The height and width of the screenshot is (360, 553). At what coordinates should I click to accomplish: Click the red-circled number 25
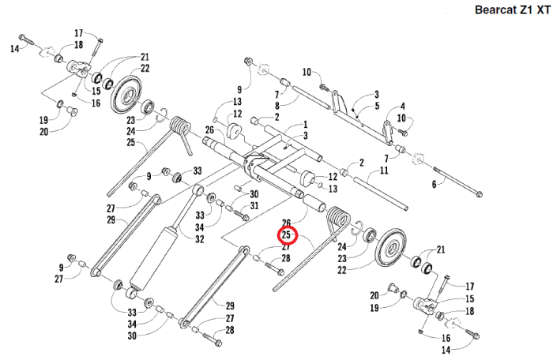point(286,234)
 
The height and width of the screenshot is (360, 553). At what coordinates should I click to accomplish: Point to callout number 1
point(304,126)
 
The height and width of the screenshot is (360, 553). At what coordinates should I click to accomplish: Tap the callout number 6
point(433,184)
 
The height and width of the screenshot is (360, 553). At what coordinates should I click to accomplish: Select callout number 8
point(276,104)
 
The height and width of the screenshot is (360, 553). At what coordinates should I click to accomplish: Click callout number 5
point(378,105)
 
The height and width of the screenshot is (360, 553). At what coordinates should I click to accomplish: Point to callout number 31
point(254,206)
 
